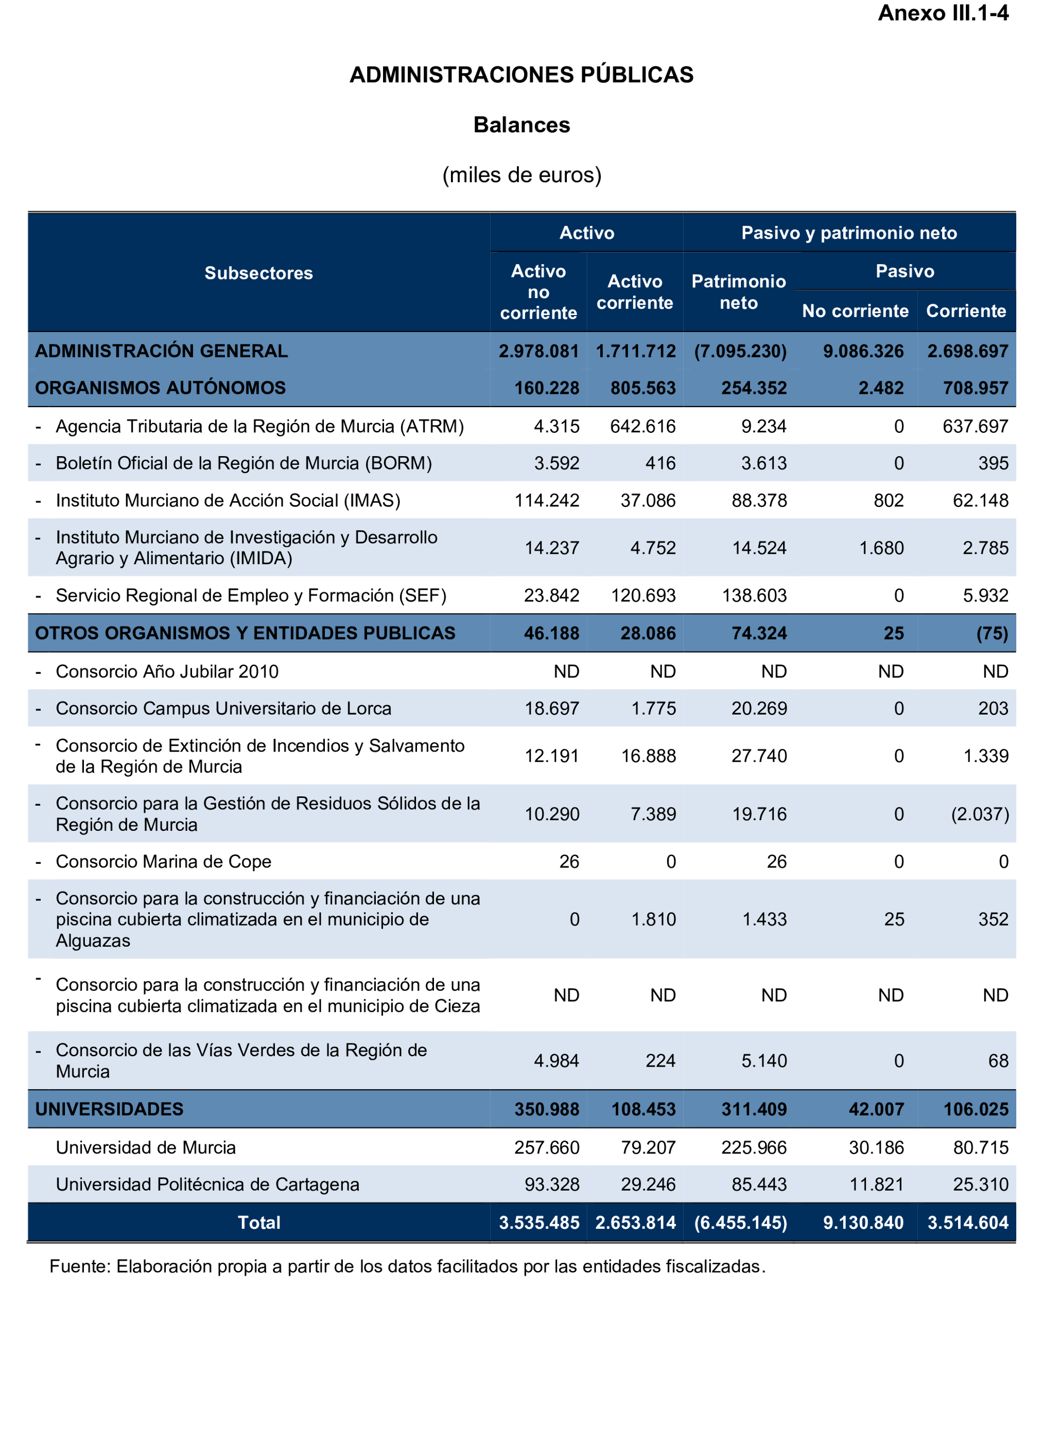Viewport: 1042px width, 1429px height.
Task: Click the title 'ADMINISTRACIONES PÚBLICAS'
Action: pyautogui.click(x=521, y=75)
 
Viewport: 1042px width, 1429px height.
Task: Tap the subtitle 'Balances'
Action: pyautogui.click(x=521, y=125)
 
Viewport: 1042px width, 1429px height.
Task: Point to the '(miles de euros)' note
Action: pyautogui.click(x=521, y=175)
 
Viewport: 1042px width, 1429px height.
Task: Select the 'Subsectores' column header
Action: pyautogui.click(x=258, y=273)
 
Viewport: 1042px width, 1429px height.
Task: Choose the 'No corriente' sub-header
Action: pyautogui.click(x=855, y=311)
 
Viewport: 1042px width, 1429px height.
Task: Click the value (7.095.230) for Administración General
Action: pyautogui.click(x=740, y=351)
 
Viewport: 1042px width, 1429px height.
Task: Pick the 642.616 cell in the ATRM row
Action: pyautogui.click(x=642, y=426)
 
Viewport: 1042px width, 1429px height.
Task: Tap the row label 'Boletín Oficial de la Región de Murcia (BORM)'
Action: pyautogui.click(x=244, y=463)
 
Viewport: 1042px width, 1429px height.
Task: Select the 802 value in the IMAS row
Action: pyautogui.click(x=888, y=501)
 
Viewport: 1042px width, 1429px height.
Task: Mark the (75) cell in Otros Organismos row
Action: pyautogui.click(x=992, y=633)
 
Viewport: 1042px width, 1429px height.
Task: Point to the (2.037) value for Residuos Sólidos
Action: pyautogui.click(x=980, y=814)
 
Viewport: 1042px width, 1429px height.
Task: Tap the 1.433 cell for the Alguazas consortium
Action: pyautogui.click(x=764, y=919)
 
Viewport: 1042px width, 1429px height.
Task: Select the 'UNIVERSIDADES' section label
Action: pyautogui.click(x=109, y=1109)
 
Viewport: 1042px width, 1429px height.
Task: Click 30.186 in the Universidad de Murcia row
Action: pyautogui.click(x=876, y=1148)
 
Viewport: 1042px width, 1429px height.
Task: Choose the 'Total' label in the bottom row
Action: pyautogui.click(x=258, y=1223)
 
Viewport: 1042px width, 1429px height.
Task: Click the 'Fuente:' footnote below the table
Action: pyautogui.click(x=407, y=1266)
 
